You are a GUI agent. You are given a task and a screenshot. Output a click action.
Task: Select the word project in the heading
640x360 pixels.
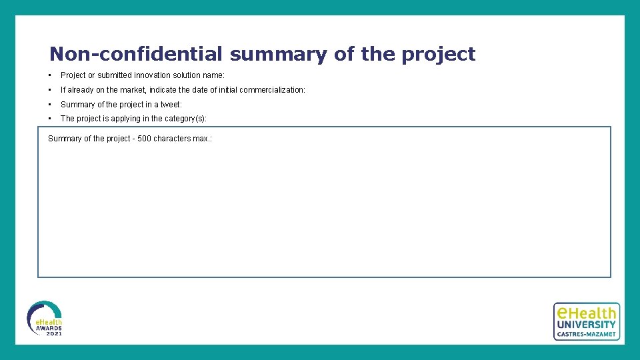click(x=438, y=54)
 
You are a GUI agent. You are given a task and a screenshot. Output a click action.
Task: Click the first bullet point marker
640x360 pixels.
click(x=50, y=75)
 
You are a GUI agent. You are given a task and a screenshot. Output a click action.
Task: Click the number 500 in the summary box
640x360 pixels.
click(x=144, y=139)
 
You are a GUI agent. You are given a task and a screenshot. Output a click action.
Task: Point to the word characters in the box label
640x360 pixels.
click(x=171, y=139)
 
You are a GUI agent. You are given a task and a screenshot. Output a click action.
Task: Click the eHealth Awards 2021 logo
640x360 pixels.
click(x=45, y=318)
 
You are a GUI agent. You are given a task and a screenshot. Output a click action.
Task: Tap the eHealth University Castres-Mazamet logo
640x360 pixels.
click(x=586, y=321)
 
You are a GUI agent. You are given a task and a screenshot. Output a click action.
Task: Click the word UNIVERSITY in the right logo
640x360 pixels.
click(x=586, y=325)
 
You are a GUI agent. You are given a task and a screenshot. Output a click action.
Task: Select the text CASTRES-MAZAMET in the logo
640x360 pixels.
click(x=586, y=334)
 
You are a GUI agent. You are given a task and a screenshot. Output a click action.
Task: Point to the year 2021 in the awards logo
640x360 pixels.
click(x=53, y=333)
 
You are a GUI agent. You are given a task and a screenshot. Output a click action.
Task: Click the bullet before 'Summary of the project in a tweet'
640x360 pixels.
click(x=50, y=105)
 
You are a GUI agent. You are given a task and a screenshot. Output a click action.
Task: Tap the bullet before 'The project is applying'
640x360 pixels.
click(x=50, y=119)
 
